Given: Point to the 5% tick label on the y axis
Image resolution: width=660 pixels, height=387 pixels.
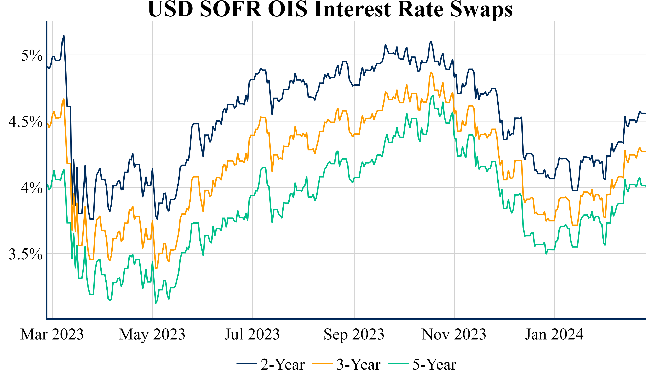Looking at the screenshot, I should click(x=32, y=55).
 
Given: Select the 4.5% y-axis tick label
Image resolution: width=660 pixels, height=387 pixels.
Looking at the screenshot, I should click(x=25, y=122).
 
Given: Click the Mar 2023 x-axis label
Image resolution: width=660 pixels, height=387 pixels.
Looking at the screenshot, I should click(x=52, y=335).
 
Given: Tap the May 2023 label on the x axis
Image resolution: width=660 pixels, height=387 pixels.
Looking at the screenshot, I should click(x=152, y=335).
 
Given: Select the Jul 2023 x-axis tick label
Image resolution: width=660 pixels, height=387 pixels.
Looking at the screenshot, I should click(x=252, y=335).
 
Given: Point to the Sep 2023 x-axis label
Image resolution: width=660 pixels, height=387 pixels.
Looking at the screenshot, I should click(x=354, y=335).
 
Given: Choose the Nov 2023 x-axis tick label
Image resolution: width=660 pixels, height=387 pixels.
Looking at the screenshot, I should click(x=454, y=335).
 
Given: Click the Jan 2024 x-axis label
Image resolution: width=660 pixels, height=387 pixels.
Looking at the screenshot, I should click(x=554, y=335).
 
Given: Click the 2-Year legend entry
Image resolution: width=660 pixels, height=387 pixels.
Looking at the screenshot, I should click(x=271, y=365).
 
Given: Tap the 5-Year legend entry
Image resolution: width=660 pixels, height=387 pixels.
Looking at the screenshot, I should click(x=423, y=365).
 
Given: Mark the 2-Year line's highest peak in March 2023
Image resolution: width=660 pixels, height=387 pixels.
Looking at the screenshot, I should click(x=64, y=36).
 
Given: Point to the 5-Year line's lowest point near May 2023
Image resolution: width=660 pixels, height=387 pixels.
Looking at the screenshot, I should click(x=156, y=303).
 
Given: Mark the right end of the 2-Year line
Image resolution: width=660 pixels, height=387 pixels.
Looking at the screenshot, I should click(x=646, y=114).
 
